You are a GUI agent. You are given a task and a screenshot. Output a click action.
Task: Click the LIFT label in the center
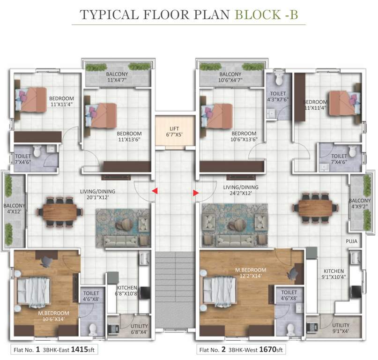(174, 128)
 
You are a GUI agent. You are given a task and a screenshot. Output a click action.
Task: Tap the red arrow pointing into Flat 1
(153, 191)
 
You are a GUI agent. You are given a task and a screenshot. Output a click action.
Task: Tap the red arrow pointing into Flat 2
(195, 192)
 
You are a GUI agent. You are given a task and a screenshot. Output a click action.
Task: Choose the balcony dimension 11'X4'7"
(117, 80)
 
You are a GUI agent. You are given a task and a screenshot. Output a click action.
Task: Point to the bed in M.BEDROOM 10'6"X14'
(33, 291)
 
